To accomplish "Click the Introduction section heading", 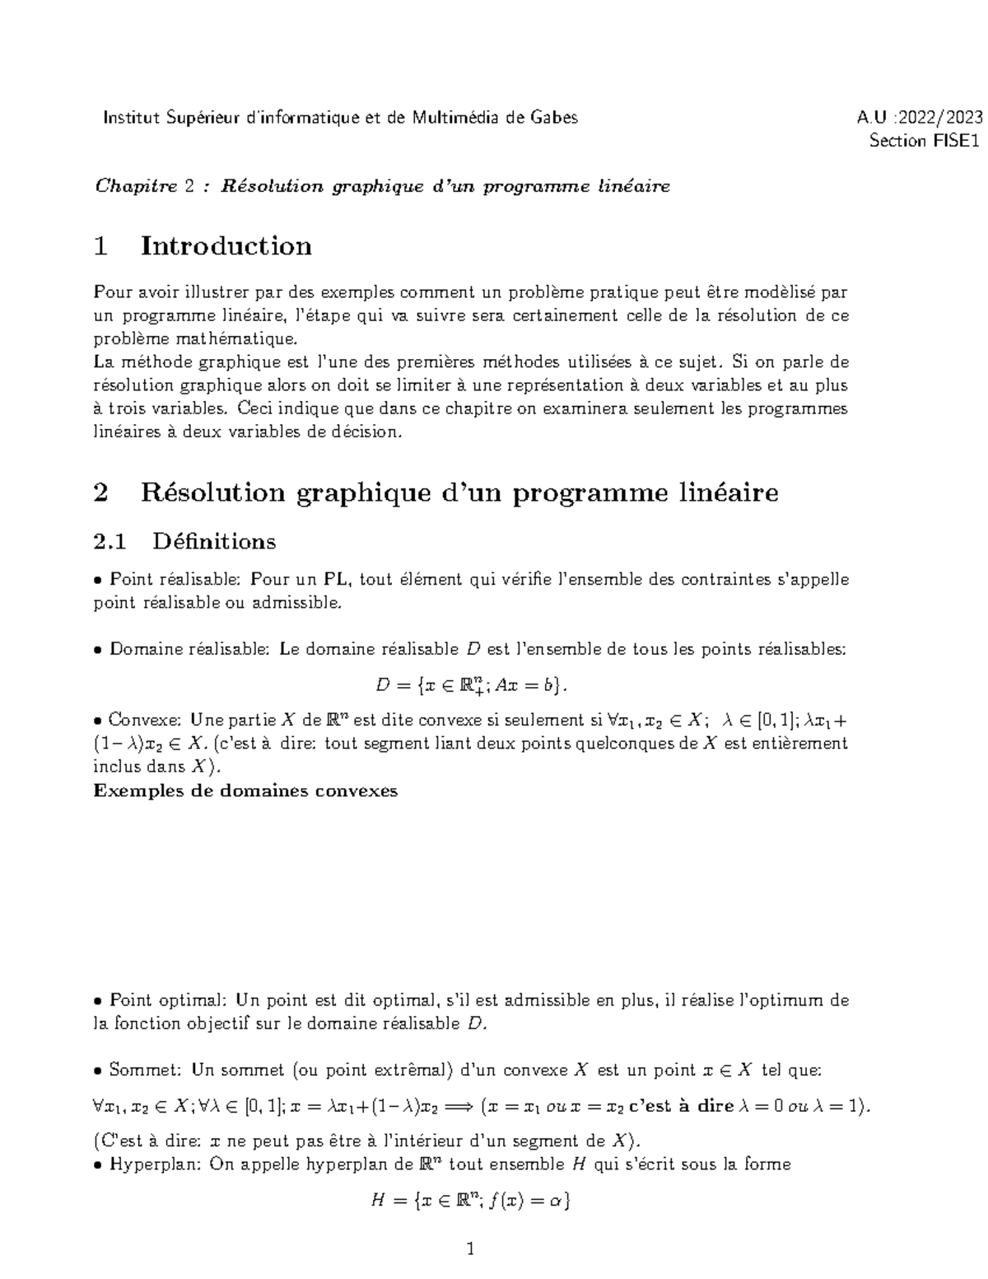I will pos(226,246).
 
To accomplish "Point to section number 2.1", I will pos(110,541).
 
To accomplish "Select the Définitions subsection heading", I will pos(214,541).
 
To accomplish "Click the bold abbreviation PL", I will pos(339,580).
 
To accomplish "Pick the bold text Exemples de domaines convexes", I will pos(246,791).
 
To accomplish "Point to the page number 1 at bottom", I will pos(471,1249).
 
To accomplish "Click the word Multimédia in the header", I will pos(454,118).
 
